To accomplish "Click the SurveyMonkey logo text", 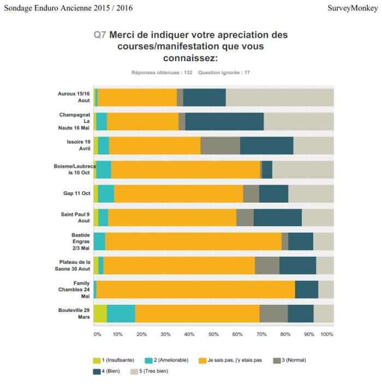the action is (x=353, y=8).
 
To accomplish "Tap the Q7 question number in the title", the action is (x=100, y=35).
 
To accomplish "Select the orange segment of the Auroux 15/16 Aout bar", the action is (x=137, y=97).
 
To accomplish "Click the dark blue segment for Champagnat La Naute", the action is (x=224, y=121).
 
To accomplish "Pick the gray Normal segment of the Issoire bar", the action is (x=220, y=145).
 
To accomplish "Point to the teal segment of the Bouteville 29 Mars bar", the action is (x=121, y=314).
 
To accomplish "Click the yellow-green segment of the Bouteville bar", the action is (x=100, y=314).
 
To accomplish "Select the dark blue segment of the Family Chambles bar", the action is (x=307, y=289).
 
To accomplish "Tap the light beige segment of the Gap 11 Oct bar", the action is (x=311, y=194).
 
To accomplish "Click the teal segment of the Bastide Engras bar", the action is (x=99, y=241).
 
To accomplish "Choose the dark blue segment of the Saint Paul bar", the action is (x=278, y=217).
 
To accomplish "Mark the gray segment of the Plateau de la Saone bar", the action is (x=267, y=265).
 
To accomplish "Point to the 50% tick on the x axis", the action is (x=213, y=334).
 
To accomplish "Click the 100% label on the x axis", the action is (x=326, y=334).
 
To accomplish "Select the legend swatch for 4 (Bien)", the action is (x=97, y=371).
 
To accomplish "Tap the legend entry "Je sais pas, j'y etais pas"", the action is (x=235, y=360).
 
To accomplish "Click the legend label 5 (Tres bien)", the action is (x=153, y=371).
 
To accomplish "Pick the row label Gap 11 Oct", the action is (x=77, y=193).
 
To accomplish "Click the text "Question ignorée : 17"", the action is (x=224, y=73).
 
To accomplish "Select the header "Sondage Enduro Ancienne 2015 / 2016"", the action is (x=68, y=8).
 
